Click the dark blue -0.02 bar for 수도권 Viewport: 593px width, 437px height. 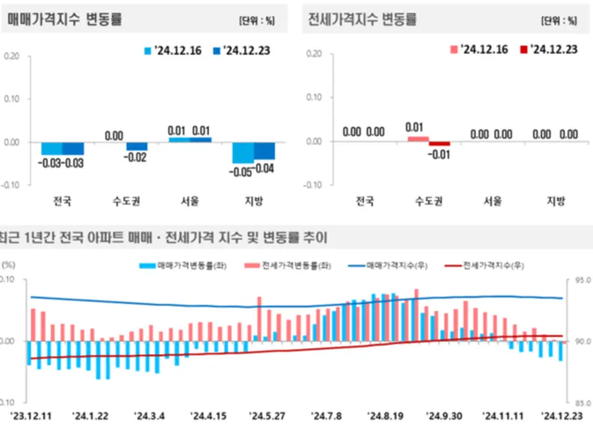point(137,146)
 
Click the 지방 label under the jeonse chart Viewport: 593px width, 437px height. point(555,201)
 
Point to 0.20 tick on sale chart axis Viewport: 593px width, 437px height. point(12,56)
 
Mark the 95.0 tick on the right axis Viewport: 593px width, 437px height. point(583,280)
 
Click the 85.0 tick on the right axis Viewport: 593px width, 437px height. point(583,403)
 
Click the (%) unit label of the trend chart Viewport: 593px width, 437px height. point(8,264)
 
